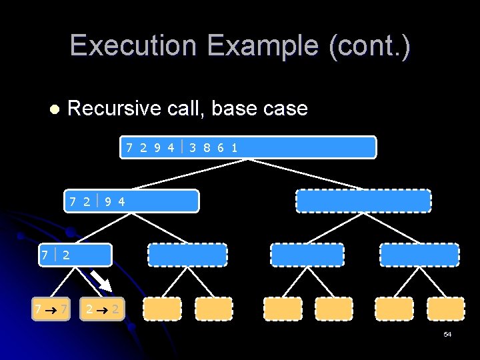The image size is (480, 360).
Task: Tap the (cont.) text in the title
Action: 371,46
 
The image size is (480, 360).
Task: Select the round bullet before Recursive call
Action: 54,109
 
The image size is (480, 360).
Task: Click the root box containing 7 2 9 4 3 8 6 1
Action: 248,147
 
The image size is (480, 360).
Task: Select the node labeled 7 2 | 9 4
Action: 131,201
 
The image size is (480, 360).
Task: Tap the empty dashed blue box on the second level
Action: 363,201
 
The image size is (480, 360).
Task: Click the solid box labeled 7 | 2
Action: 75,255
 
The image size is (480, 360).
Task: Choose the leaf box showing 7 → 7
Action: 52,309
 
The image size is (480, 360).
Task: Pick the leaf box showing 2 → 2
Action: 101,309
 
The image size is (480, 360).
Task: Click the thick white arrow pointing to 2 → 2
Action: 100,281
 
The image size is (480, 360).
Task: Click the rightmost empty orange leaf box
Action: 446,309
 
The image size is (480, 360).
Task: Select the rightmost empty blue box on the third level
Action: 419,255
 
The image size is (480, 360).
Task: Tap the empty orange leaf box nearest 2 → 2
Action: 162,309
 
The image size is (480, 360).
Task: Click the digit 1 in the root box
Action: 234,147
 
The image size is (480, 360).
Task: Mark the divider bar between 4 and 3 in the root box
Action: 182,147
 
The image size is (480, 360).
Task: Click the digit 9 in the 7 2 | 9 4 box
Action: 108,201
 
